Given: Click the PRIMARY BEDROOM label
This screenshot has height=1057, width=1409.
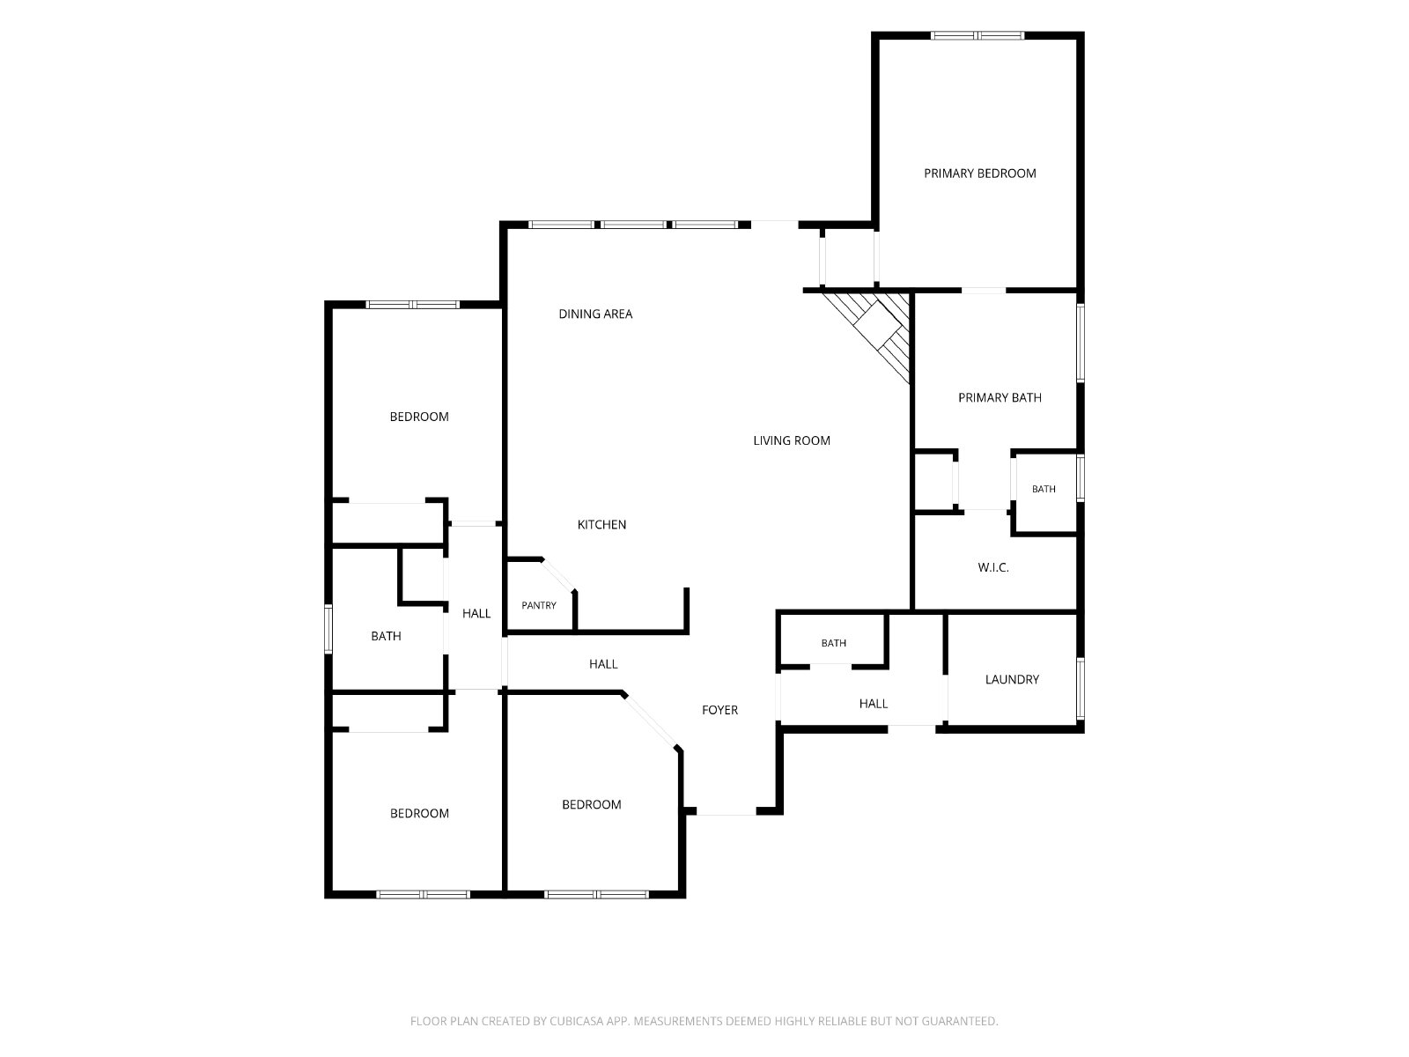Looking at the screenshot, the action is coord(979,174).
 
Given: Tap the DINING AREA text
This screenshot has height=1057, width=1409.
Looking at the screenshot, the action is coord(595,314).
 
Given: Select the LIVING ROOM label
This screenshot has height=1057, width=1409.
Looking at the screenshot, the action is coord(792,440).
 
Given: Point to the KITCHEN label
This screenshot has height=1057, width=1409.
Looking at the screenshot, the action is coord(601,524).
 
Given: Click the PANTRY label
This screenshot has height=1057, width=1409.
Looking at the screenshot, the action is coord(539,605).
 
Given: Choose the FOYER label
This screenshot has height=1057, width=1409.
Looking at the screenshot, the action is coord(719,710).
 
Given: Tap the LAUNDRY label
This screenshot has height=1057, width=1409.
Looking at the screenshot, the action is coord(1012,679).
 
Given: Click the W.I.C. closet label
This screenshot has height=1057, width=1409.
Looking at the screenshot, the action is coord(993,567).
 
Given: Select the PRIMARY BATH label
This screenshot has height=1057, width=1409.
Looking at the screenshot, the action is coord(1000,398).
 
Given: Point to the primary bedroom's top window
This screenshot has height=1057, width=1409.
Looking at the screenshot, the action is coord(977,35).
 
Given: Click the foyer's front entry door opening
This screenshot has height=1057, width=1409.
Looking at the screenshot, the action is coord(726,812).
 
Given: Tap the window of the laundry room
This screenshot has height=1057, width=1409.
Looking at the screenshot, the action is coord(1081,689).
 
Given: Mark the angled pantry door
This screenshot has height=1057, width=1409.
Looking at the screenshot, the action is coord(558,575).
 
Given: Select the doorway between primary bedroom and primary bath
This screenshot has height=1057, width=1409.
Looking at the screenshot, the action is coord(984,291).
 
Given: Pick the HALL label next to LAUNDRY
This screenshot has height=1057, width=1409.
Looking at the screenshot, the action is coord(873,704).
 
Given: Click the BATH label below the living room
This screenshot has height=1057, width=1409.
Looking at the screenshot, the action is coord(833,643).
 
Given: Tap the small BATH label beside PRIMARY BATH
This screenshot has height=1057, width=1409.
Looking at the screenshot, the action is coord(1044,489).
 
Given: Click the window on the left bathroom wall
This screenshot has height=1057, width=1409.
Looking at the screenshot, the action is coord(328,629).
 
